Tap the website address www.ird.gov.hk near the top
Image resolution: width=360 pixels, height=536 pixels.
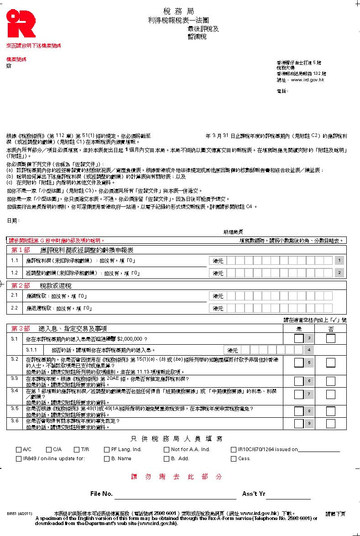307,80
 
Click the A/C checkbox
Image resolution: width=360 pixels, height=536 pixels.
19,450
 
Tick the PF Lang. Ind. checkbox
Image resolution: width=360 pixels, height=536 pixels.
107,450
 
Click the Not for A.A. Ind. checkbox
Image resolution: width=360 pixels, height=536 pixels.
167,450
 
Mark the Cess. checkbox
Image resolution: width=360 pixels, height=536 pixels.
234,458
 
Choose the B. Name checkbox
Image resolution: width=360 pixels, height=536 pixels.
107,458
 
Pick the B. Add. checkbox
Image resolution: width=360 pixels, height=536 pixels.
167,458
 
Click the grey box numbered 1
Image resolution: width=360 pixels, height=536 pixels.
339,261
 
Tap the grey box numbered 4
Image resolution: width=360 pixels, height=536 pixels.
309,350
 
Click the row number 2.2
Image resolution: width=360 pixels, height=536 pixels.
15,308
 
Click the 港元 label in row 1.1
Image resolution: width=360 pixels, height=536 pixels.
219,261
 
